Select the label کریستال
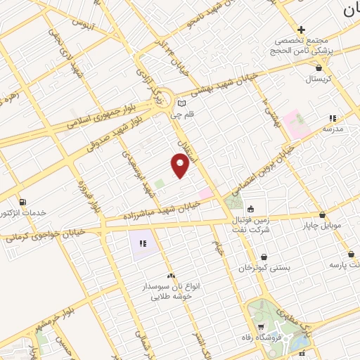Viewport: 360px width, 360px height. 321,79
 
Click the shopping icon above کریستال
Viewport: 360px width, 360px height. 321,68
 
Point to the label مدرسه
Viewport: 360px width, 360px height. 333,129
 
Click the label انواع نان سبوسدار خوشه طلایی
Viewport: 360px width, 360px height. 171,291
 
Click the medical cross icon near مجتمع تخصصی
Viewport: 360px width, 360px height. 301,30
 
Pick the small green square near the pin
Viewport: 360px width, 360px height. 159,184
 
